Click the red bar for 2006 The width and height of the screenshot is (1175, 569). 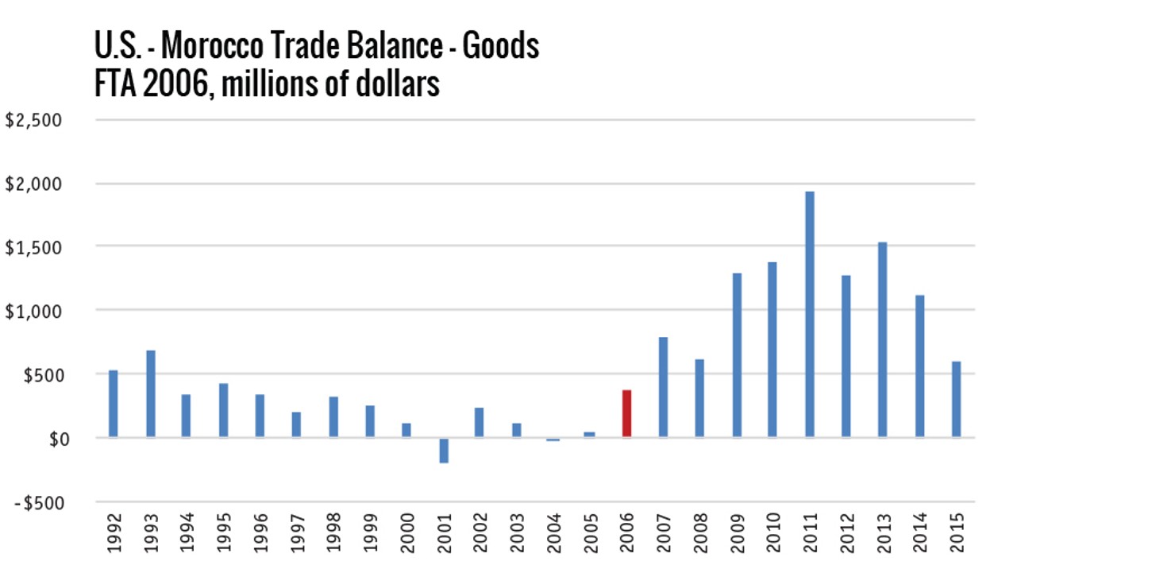[626, 413]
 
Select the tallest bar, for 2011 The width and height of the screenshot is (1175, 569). [809, 314]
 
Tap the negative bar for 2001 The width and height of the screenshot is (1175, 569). [444, 450]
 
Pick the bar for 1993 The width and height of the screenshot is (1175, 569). [151, 393]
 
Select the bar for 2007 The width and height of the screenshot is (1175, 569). [663, 387]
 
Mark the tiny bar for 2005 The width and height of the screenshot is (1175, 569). [590, 434]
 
